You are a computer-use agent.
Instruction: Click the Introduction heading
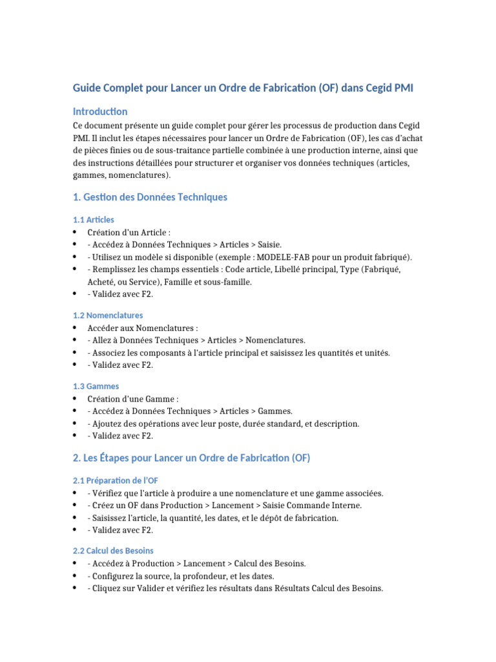pyautogui.click(x=100, y=111)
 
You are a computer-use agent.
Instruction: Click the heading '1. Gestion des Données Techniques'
pyautogui.click(x=150, y=197)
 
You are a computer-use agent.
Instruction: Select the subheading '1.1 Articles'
pyautogui.click(x=93, y=220)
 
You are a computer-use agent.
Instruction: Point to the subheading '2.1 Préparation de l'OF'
pyautogui.click(x=115, y=481)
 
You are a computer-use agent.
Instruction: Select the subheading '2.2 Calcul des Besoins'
pyautogui.click(x=113, y=551)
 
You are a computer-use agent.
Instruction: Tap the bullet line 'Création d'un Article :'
pyautogui.click(x=129, y=232)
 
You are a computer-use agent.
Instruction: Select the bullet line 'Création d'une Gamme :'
pyautogui.click(x=133, y=399)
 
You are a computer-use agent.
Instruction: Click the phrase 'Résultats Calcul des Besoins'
pyautogui.click(x=328, y=588)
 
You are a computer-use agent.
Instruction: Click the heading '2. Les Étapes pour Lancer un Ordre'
pyautogui.click(x=192, y=458)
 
